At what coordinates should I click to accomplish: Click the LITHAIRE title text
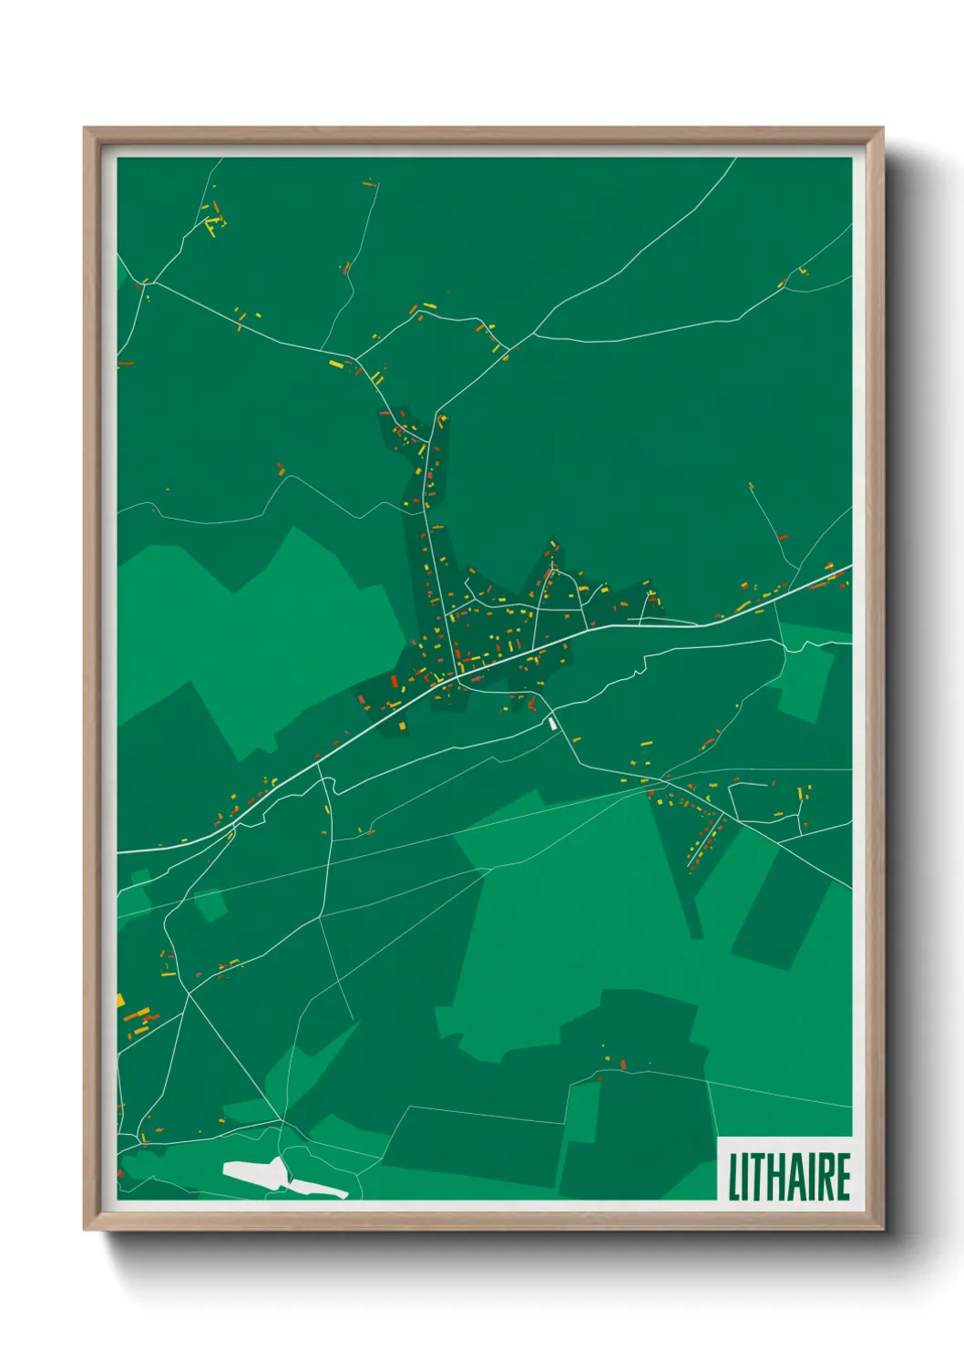(789, 1177)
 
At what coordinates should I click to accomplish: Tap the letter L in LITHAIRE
(733, 1177)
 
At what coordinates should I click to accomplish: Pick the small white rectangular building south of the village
(551, 723)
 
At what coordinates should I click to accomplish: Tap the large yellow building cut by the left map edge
(119, 1000)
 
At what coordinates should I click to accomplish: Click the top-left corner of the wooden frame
(85, 129)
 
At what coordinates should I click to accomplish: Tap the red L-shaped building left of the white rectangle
(530, 704)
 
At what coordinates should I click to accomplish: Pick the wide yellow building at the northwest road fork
(336, 365)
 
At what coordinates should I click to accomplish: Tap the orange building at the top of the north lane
(369, 183)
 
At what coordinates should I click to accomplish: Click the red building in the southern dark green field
(623, 1064)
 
